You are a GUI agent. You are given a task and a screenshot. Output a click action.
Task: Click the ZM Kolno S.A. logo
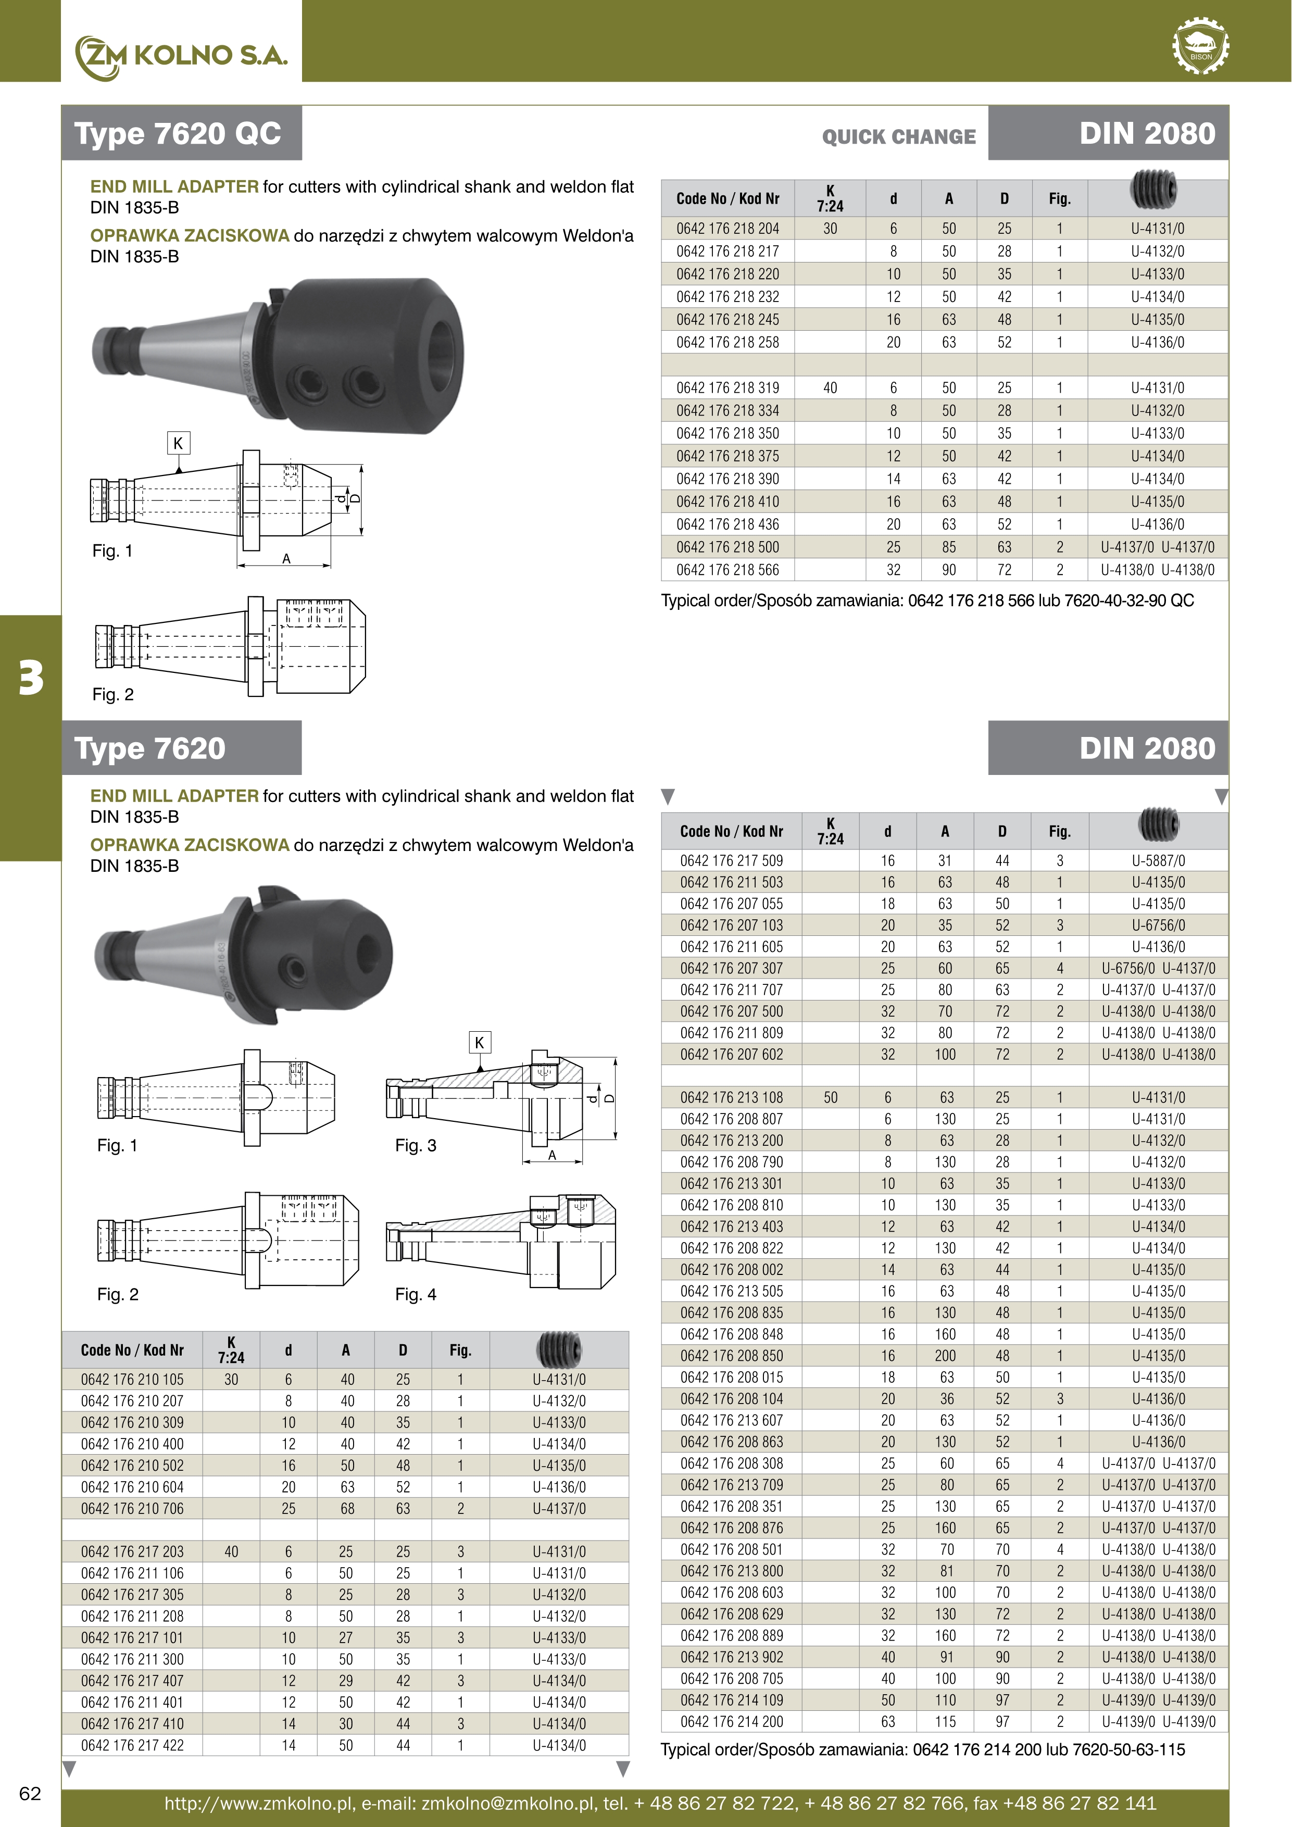pos(181,56)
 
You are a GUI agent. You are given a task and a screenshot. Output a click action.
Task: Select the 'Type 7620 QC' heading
pos(178,134)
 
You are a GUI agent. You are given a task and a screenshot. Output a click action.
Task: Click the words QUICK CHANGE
pos(899,137)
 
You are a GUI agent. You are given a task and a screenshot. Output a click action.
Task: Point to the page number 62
pos(30,1793)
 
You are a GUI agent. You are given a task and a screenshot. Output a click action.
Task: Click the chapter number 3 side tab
pos(30,678)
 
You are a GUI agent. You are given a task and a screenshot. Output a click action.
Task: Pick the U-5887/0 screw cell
pos(1158,861)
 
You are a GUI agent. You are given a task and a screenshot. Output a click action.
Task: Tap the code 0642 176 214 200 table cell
pos(731,1721)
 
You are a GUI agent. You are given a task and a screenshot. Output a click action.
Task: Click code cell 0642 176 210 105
pos(132,1379)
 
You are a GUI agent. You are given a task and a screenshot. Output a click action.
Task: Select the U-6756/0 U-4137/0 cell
pos(1158,968)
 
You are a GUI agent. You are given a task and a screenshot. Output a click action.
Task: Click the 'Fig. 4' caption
pos(415,1295)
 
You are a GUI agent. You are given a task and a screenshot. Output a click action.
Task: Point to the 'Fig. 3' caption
pos(415,1146)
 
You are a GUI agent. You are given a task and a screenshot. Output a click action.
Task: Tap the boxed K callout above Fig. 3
pos(479,1043)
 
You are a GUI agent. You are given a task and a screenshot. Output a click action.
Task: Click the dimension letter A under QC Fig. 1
pos(286,559)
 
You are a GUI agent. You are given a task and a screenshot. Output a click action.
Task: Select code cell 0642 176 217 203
pos(132,1551)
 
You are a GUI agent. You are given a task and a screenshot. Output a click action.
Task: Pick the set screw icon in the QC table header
pos(1152,190)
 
